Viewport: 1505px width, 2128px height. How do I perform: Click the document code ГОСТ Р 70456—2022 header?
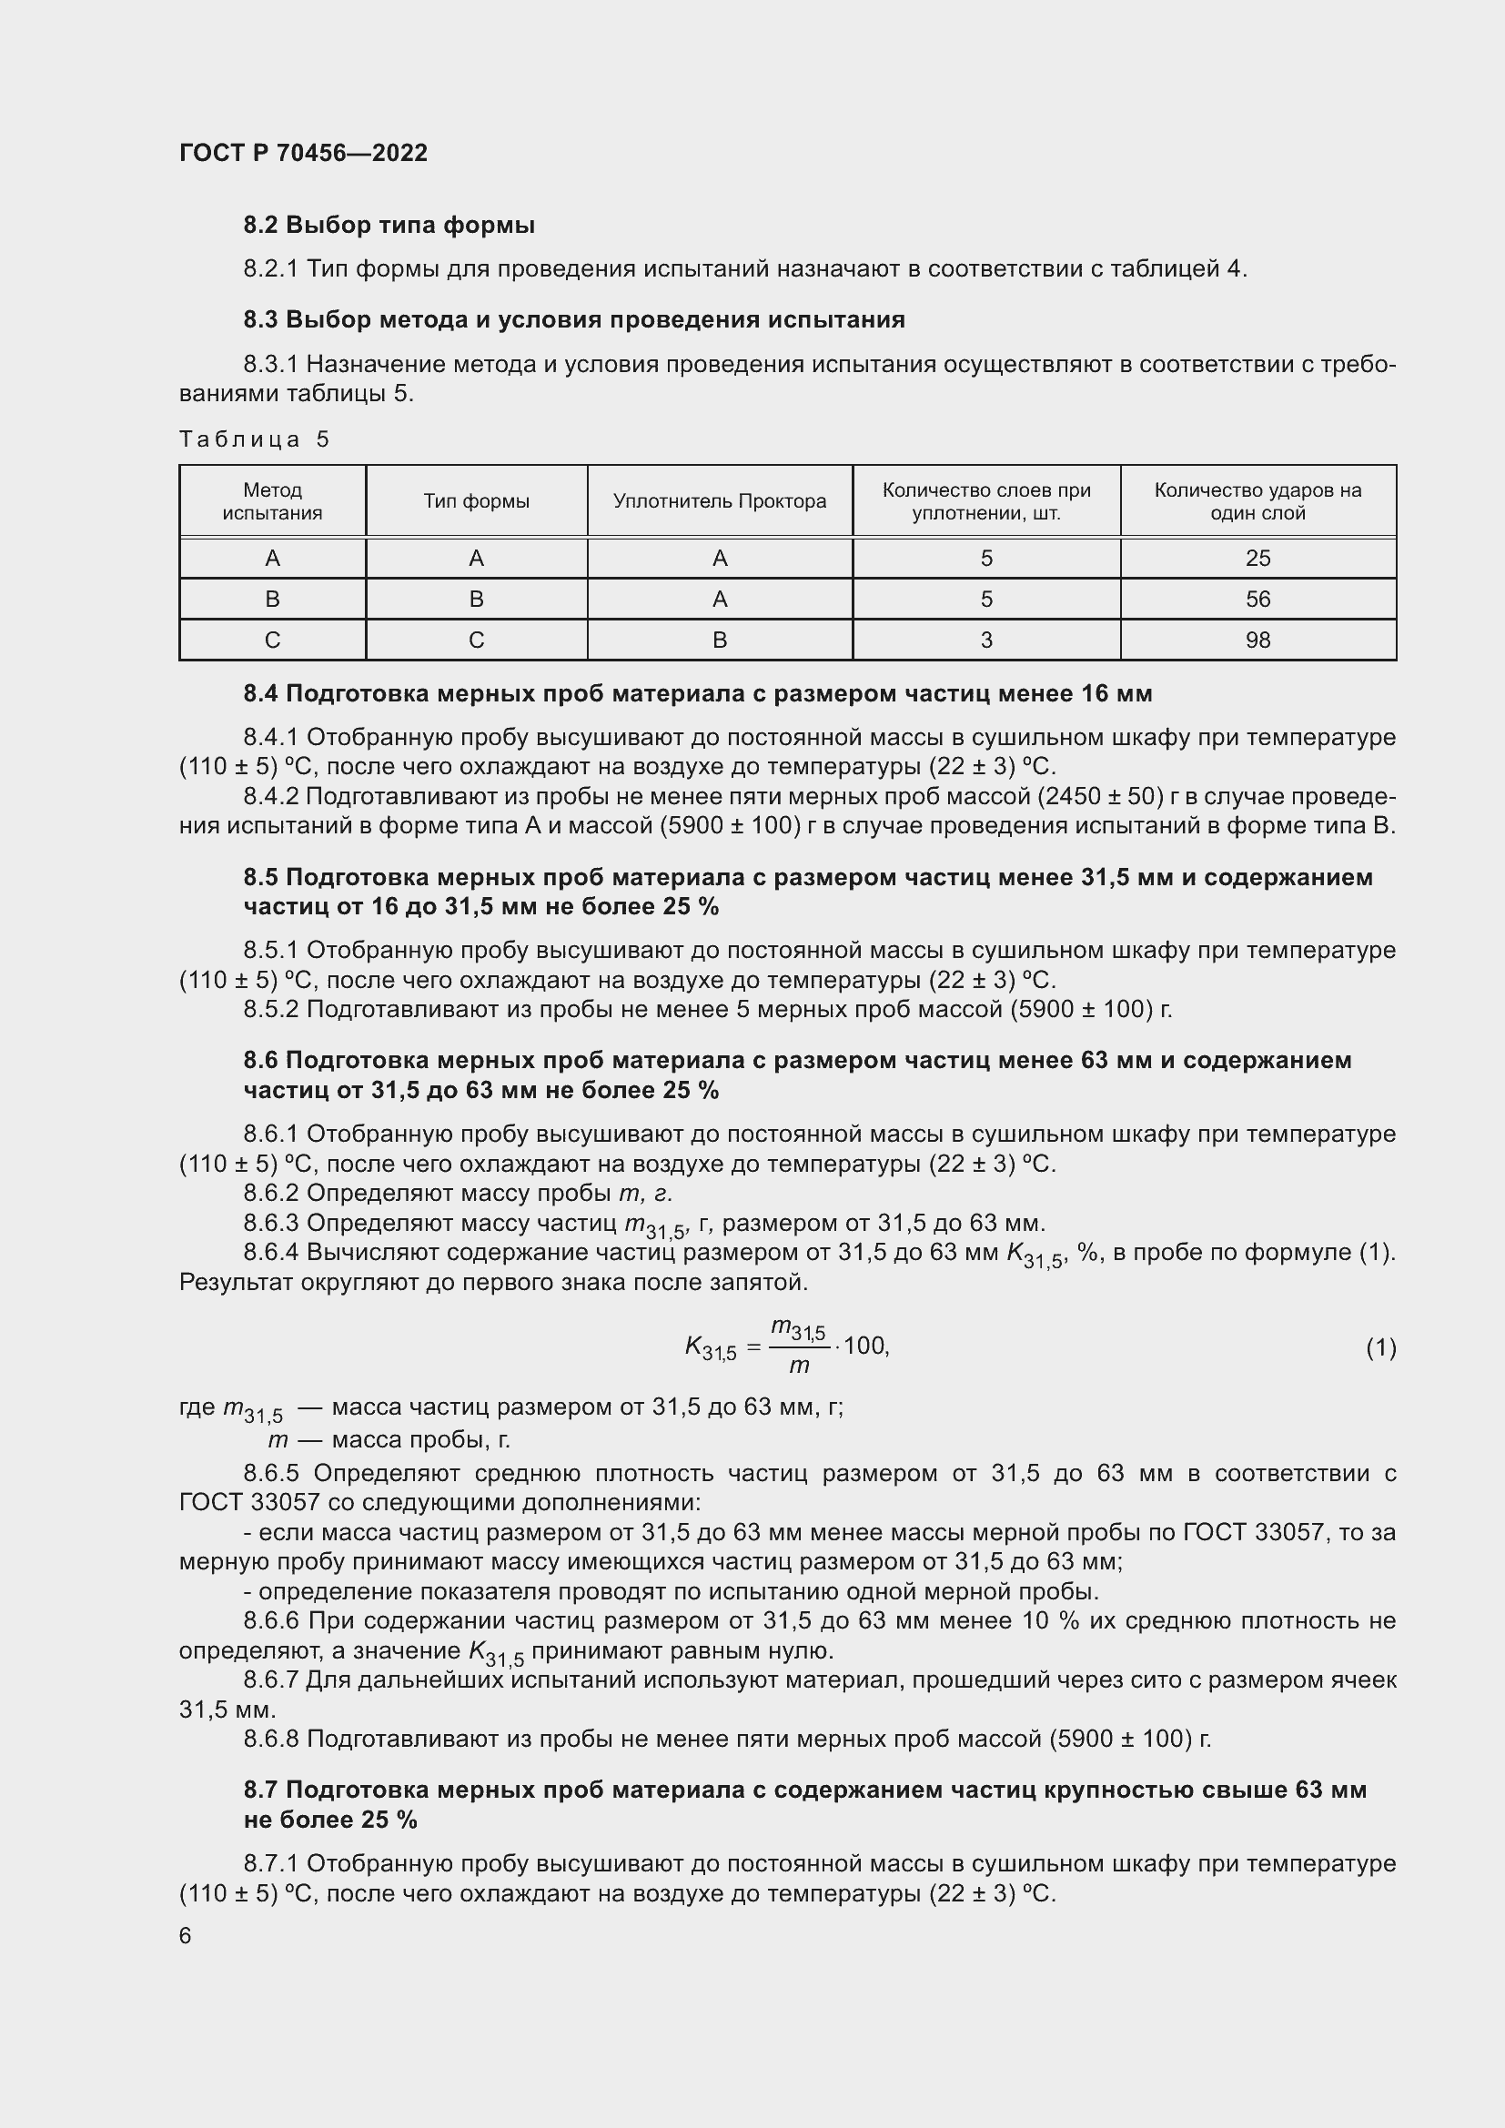pyautogui.click(x=303, y=153)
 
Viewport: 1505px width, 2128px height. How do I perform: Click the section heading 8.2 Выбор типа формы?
pyautogui.click(x=389, y=226)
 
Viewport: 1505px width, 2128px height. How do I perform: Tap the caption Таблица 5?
pyautogui.click(x=254, y=439)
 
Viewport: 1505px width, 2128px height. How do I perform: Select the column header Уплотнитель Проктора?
pyautogui.click(x=719, y=501)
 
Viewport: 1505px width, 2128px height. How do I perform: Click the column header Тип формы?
pyautogui.click(x=476, y=501)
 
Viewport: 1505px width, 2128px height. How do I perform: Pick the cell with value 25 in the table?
pyautogui.click(x=1258, y=558)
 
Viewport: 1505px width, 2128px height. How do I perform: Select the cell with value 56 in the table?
pyautogui.click(x=1258, y=600)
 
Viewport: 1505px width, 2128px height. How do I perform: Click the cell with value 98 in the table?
pyautogui.click(x=1258, y=640)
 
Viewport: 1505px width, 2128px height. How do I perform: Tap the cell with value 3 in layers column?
pyautogui.click(x=986, y=640)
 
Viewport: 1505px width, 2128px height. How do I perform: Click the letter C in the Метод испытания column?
pyautogui.click(x=272, y=640)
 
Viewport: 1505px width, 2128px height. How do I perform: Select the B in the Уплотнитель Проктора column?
pyautogui.click(x=719, y=640)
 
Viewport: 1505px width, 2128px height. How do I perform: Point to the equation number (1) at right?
pyautogui.click(x=1381, y=1347)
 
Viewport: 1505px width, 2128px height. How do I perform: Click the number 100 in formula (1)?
pyautogui.click(x=864, y=1346)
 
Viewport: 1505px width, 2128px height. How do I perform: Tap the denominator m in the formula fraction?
pyautogui.click(x=799, y=1366)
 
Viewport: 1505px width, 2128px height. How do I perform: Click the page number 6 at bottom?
pyautogui.click(x=186, y=1936)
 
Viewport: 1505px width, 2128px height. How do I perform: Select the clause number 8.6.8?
pyautogui.click(x=270, y=1739)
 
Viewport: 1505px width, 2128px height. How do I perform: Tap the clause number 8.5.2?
pyautogui.click(x=270, y=1009)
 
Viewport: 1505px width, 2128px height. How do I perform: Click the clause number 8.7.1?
pyautogui.click(x=270, y=1864)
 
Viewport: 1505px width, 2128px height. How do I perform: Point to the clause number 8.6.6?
pyautogui.click(x=271, y=1621)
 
